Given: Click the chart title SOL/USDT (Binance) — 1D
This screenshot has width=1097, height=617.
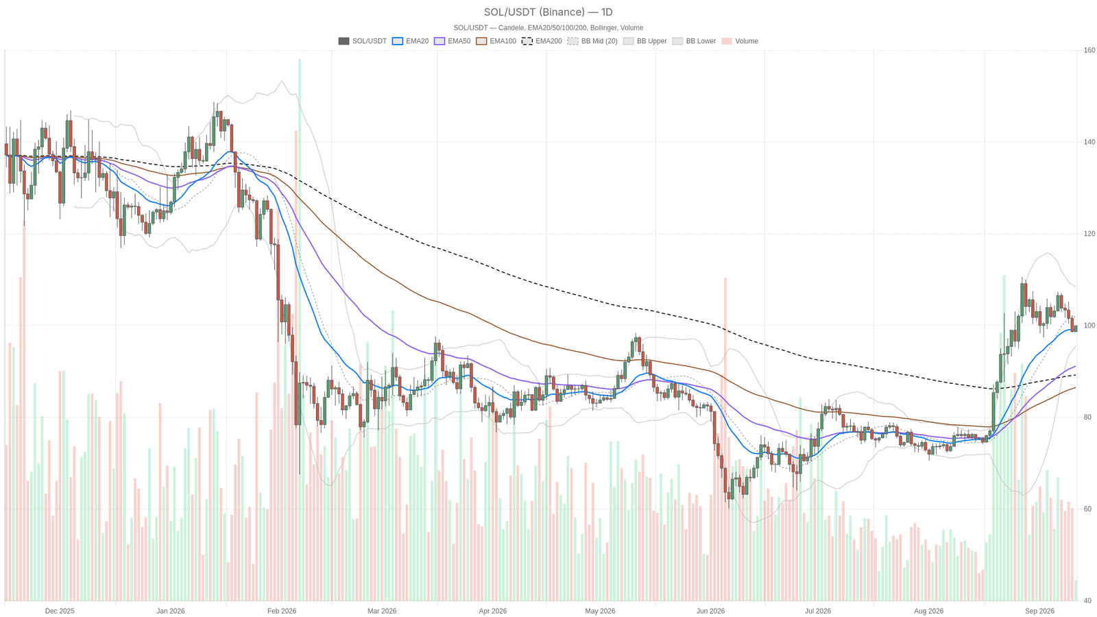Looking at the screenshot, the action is tap(548, 12).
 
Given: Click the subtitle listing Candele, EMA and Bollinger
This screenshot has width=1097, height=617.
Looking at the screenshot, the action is tap(548, 28).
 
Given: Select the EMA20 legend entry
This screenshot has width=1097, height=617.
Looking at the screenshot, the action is tap(411, 41).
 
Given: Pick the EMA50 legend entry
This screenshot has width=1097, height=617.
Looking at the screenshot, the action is tap(452, 41).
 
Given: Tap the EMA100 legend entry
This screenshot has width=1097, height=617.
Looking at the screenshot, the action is tap(496, 41).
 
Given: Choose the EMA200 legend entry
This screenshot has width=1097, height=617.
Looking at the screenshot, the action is tap(542, 41).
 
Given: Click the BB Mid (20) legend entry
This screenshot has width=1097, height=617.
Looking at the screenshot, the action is tap(592, 41).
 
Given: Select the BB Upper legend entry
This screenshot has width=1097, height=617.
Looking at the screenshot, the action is tap(645, 41).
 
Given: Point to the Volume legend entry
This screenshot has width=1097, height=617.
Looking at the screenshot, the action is tap(740, 41).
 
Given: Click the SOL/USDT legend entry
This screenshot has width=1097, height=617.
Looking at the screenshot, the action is tap(363, 41).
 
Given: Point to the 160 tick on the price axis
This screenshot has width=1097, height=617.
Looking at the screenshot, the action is tap(1089, 50).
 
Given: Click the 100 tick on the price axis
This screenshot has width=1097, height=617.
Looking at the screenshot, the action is tap(1089, 326).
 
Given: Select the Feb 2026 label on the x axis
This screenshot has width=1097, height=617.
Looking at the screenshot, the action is tap(282, 611).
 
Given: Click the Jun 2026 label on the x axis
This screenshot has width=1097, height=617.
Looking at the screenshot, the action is tap(710, 611).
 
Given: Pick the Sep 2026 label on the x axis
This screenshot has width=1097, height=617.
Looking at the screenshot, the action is tap(1039, 611).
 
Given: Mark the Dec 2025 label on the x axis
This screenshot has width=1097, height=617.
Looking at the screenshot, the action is tap(60, 611).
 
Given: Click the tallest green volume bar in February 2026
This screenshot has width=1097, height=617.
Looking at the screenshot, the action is tap(300, 330).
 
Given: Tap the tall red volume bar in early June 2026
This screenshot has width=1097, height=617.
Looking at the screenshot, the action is tap(725, 439).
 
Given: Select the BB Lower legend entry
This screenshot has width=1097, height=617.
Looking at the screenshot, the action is tap(694, 41).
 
